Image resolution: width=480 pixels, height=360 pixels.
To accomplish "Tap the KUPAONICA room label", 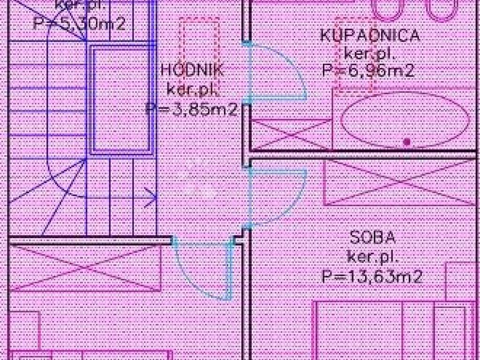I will tap(370, 36).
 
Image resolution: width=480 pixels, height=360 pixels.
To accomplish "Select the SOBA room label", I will tap(373, 238).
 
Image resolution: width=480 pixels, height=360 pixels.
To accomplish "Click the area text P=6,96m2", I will tap(368, 71).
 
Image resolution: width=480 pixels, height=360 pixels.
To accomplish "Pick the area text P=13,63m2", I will tap(372, 277).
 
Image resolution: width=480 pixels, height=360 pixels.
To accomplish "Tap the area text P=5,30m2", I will tap(80, 23).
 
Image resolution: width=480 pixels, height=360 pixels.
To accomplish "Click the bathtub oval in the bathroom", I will tap(405, 120).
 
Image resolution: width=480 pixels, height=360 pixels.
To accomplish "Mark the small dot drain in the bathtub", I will tap(407, 141).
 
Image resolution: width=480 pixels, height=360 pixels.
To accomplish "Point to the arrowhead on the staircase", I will tap(152, 197).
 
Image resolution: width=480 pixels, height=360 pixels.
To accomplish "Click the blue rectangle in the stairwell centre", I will tap(121, 99).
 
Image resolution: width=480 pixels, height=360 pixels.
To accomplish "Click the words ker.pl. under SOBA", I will tap(372, 257).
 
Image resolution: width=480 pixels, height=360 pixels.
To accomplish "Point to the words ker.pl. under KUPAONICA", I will tap(370, 53).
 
